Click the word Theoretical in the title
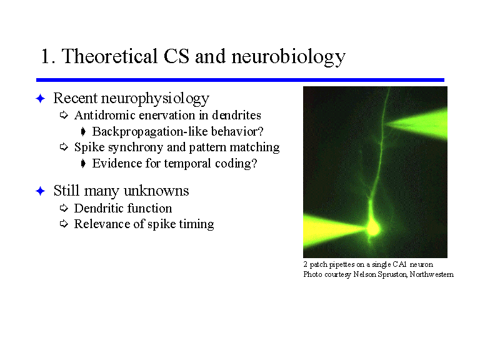(x=109, y=56)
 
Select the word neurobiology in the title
(x=288, y=57)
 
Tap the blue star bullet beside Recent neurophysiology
(x=41, y=99)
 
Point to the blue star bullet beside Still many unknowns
(x=41, y=191)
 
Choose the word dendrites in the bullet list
(x=236, y=116)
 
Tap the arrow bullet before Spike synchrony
(x=64, y=147)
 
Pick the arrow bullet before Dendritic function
(x=64, y=208)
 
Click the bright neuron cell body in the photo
(x=373, y=228)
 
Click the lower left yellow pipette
(x=334, y=230)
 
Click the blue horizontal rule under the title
(x=240, y=80)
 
